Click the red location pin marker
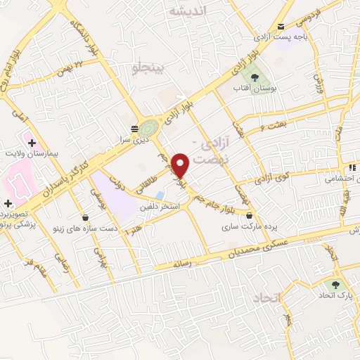[x=182, y=165]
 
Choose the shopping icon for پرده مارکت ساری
[x=250, y=215]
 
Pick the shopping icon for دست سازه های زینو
[x=86, y=218]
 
